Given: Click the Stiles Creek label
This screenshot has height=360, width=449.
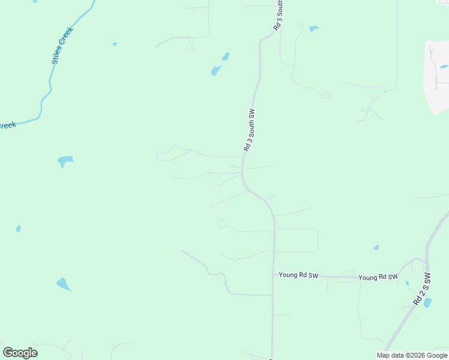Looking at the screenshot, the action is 62,46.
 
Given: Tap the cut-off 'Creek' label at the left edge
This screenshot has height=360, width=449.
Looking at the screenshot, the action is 7,125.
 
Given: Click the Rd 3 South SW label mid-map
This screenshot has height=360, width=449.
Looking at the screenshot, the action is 250,130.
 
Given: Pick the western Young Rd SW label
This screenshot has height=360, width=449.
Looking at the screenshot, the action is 298,275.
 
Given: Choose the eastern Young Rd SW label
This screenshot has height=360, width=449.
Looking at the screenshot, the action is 378,277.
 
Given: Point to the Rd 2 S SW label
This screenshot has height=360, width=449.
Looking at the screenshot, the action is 422,289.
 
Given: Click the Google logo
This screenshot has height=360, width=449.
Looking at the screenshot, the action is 20,353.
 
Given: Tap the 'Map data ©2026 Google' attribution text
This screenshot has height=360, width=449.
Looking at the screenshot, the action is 412,355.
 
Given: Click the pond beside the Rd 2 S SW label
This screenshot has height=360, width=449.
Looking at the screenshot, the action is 427,303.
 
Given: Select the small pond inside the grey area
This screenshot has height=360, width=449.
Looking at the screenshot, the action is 444,67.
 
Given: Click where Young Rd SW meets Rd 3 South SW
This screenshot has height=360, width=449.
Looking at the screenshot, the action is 274,275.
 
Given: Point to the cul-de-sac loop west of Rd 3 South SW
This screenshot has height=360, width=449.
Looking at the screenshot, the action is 221,224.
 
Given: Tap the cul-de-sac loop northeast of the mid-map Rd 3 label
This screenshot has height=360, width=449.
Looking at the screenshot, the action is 326,95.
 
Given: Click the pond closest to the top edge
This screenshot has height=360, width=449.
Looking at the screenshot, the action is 313,28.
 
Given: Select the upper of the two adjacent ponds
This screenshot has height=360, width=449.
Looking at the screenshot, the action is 226,57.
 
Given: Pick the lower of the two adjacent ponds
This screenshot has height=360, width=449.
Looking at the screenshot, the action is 216,71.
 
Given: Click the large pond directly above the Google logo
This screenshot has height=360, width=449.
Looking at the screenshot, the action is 64,284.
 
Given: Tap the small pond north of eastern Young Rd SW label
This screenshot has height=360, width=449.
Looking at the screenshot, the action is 376,247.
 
